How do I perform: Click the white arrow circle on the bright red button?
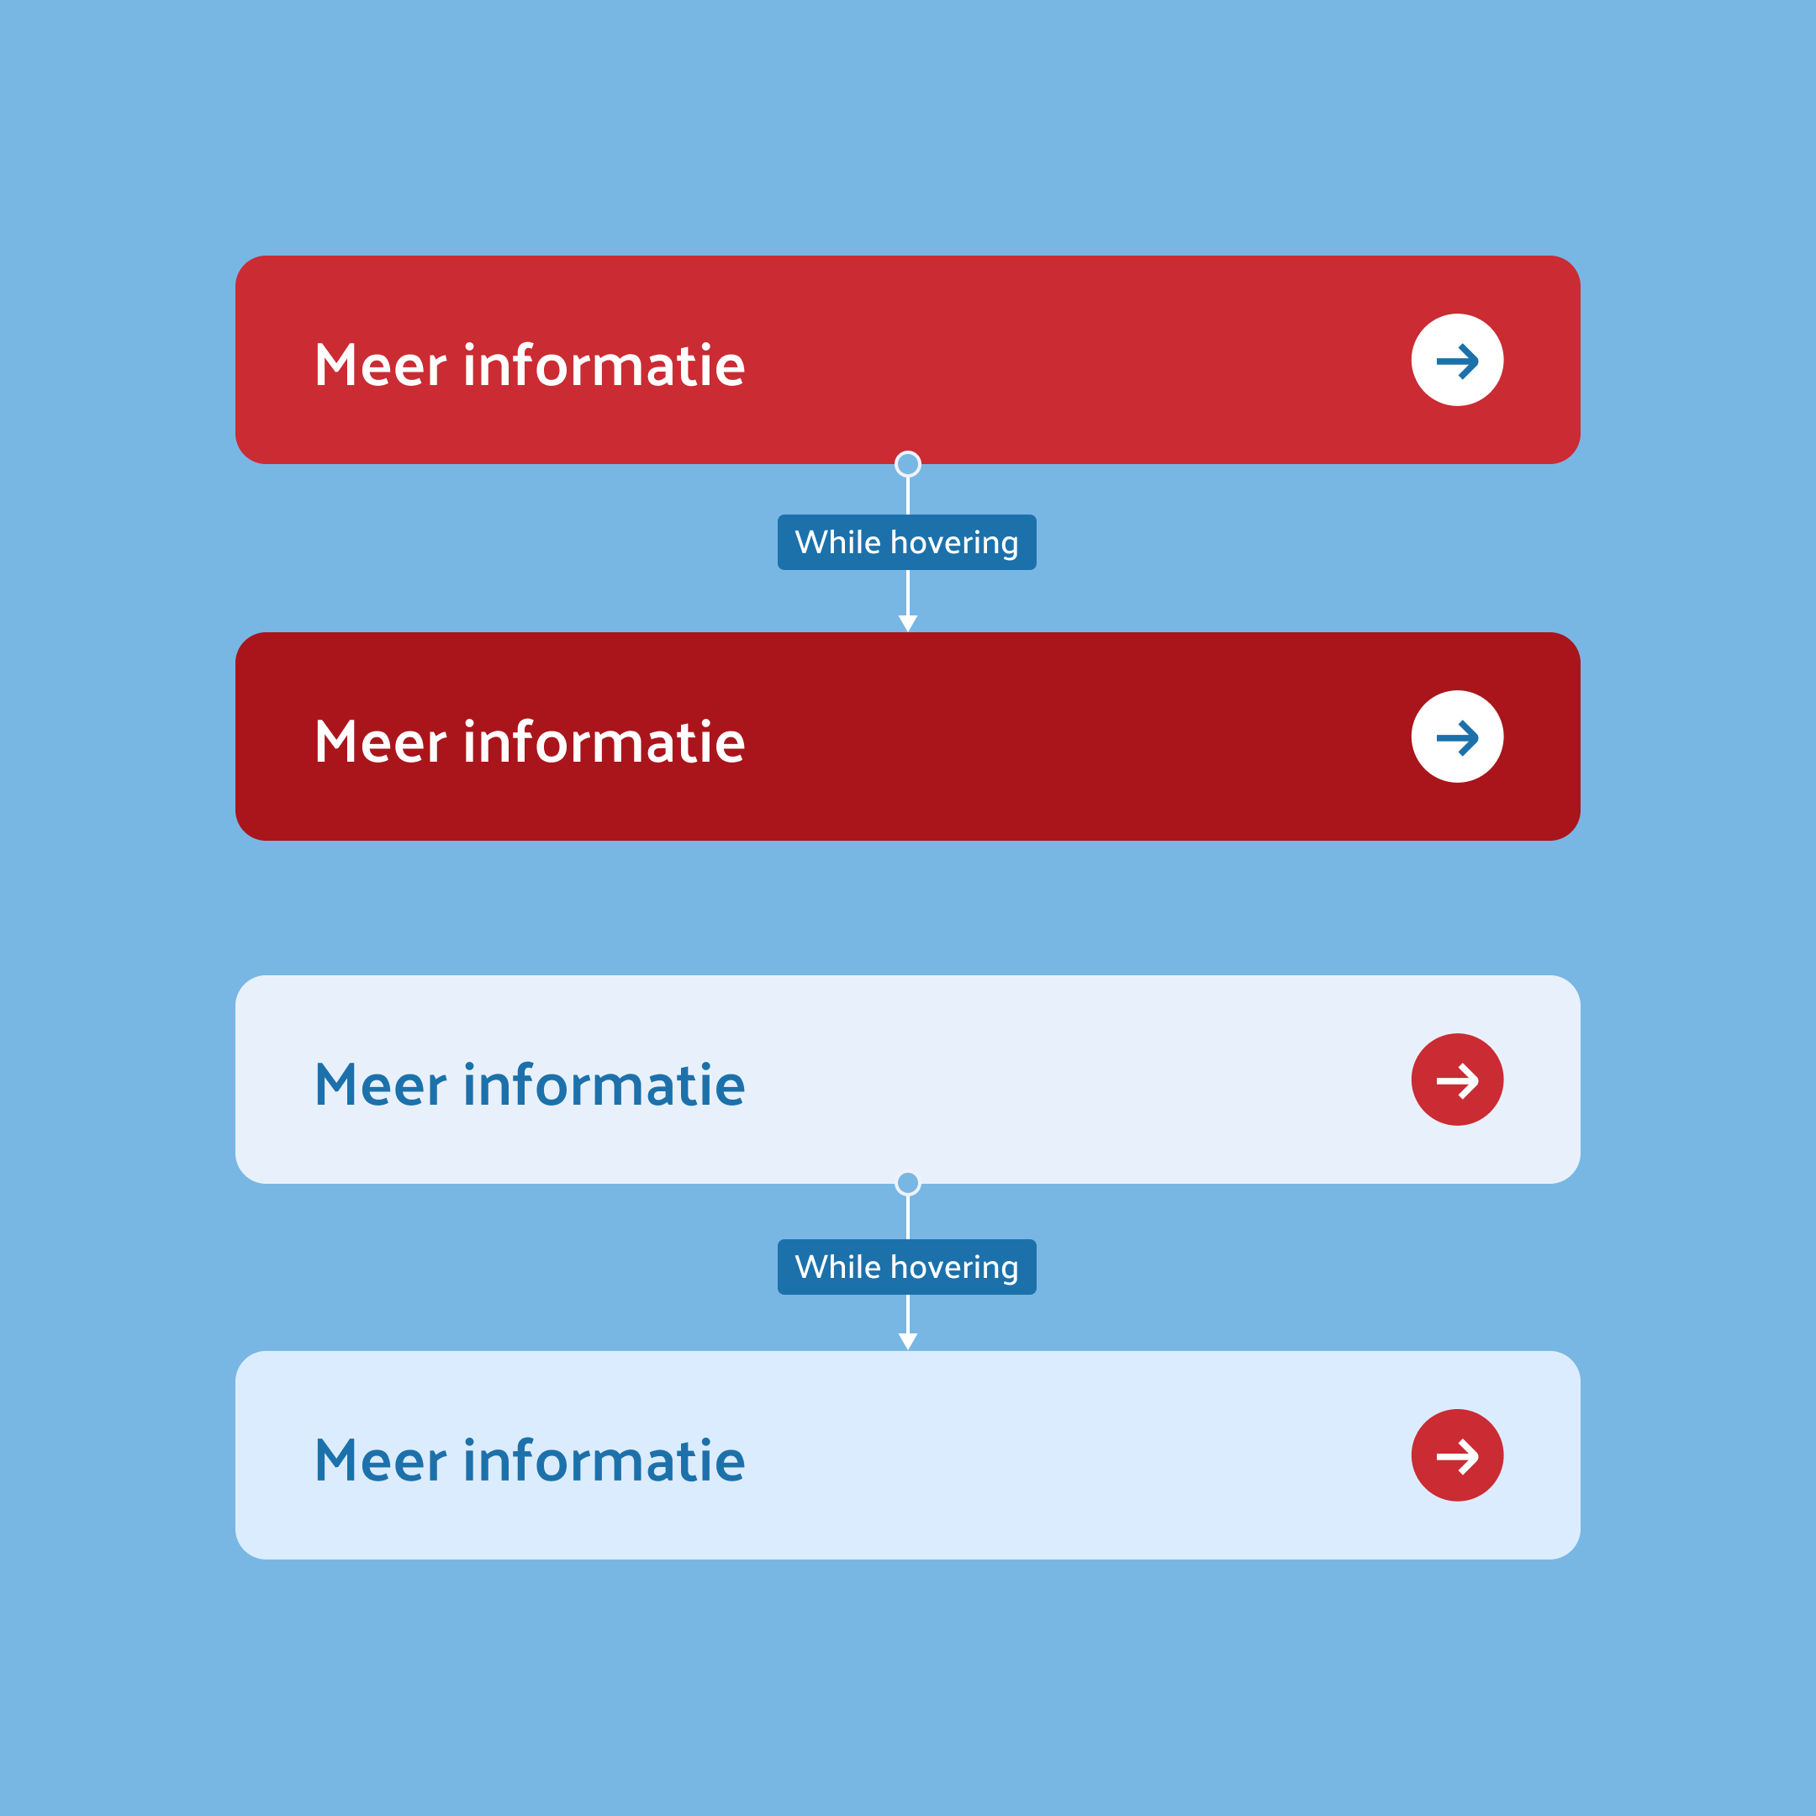[1457, 360]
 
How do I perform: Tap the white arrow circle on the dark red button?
[1457, 737]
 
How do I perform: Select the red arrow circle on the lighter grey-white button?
[1457, 1080]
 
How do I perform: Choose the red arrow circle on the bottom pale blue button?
[1457, 1456]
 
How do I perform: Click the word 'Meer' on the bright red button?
[381, 366]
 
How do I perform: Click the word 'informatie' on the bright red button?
[604, 366]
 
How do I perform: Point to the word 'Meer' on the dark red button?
[381, 742]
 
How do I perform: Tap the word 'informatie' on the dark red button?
[604, 742]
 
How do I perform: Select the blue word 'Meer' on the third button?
[381, 1085]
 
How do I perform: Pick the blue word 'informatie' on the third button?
[604, 1085]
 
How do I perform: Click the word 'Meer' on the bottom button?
[381, 1462]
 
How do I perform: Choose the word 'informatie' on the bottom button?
[604, 1462]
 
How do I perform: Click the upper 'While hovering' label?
[907, 542]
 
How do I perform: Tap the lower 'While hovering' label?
[907, 1267]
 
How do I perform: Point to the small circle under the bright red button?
[908, 464]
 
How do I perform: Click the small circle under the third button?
[908, 1184]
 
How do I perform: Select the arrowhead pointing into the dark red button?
[908, 623]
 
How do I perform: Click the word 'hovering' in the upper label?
[954, 543]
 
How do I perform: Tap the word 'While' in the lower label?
[837, 1267]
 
